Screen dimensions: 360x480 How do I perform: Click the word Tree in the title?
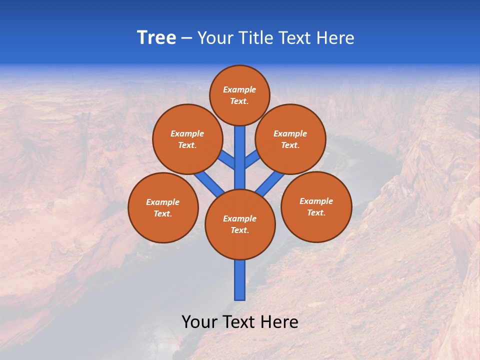[x=156, y=38]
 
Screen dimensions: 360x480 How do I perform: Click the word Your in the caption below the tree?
[x=199, y=322]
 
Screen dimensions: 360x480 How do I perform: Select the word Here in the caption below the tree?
[x=279, y=322]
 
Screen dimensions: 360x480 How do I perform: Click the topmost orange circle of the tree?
[x=239, y=95]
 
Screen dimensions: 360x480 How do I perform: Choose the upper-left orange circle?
[x=187, y=139]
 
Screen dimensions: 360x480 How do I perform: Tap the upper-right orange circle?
[x=290, y=139]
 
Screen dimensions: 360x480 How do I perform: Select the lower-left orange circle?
[x=163, y=207]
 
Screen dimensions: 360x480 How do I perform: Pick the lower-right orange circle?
[x=316, y=206]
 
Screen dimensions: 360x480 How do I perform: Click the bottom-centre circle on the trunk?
[x=240, y=224]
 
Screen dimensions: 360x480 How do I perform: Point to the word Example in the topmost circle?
[x=239, y=90]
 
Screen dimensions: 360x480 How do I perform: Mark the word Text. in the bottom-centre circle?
[x=239, y=230]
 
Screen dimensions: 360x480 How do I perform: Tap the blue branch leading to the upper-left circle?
[x=228, y=161]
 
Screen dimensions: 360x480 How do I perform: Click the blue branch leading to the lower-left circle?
[x=209, y=182]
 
